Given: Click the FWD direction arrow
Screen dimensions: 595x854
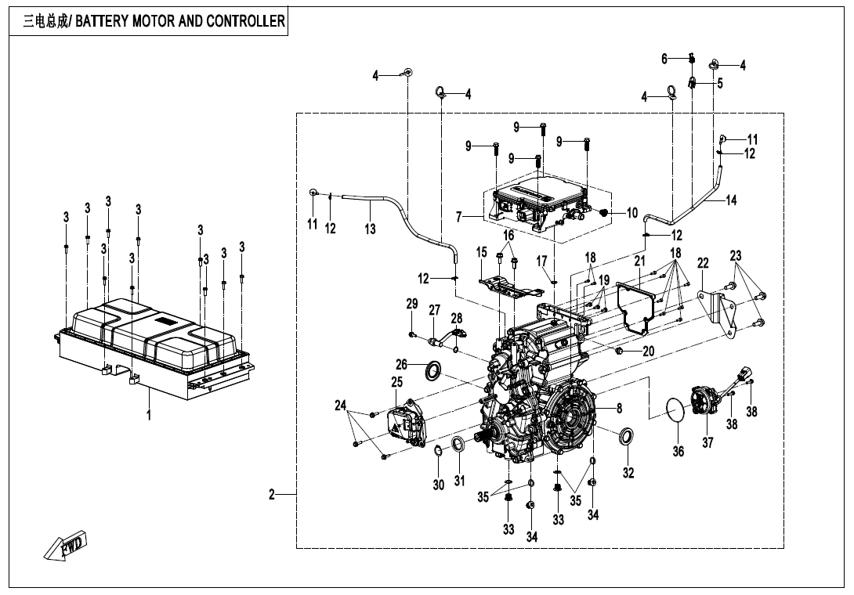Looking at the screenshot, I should [x=67, y=546].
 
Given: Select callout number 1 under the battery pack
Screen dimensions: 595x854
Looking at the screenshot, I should [x=149, y=415].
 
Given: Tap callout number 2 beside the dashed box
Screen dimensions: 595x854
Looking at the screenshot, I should [x=272, y=495].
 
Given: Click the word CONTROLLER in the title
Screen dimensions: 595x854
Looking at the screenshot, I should [x=245, y=21].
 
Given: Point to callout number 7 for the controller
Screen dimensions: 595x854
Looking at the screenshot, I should [x=459, y=215].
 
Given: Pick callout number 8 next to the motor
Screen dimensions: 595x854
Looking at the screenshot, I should [x=619, y=408].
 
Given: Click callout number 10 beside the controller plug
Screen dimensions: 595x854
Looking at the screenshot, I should [x=632, y=212].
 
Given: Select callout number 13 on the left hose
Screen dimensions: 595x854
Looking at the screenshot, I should [x=370, y=229].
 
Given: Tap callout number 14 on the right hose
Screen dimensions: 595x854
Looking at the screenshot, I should [x=731, y=200].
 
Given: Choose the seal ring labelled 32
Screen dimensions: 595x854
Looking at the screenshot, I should [x=627, y=436].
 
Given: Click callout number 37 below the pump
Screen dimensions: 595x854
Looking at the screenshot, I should [x=707, y=443].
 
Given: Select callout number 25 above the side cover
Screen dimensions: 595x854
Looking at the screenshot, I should [x=397, y=382].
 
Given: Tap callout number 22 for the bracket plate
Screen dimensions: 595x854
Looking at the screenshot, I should [x=703, y=263].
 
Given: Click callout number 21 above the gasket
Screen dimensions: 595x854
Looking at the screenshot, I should [x=640, y=261].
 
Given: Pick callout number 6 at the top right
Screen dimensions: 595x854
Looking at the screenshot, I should [x=664, y=59].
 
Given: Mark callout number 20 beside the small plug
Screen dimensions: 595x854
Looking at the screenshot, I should [x=649, y=352].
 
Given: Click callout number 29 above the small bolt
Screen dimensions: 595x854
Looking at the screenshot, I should [x=412, y=304].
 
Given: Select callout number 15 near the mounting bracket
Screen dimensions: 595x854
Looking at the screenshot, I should [x=482, y=252].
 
